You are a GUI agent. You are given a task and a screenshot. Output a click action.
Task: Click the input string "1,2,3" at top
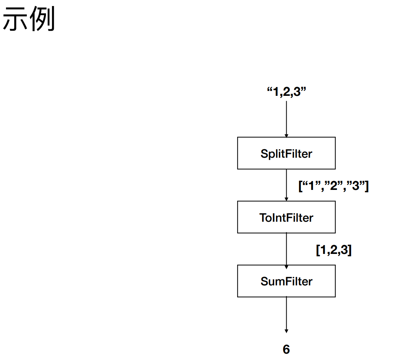click(286, 92)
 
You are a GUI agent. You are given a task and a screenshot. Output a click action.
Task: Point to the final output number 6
click(286, 349)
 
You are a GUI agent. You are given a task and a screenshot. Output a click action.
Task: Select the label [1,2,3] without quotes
click(334, 250)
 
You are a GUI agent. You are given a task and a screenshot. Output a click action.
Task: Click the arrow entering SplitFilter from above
click(286, 117)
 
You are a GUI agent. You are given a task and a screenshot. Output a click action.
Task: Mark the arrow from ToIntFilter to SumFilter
click(286, 248)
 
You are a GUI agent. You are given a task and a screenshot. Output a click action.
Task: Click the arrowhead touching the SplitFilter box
click(286, 135)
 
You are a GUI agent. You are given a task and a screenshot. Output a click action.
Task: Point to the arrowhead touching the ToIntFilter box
click(286, 199)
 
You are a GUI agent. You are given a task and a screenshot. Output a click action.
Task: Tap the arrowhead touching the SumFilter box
click(286, 263)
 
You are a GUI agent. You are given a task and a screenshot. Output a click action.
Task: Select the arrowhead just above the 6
click(286, 331)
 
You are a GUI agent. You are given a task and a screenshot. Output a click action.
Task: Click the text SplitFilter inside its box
click(286, 154)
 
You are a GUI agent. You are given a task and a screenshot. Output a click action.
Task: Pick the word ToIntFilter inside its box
click(286, 217)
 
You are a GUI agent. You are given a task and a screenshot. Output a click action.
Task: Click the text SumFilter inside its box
click(286, 281)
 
